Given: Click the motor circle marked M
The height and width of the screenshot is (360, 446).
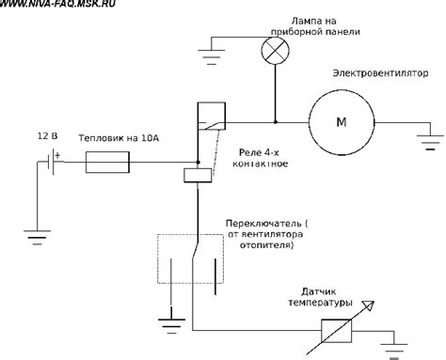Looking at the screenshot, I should click(x=340, y=121).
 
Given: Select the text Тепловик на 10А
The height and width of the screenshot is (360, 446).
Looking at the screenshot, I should click(x=119, y=137).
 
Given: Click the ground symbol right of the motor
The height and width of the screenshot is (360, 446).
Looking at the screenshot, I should click(x=430, y=146).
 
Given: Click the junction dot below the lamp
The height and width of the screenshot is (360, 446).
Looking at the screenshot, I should click(x=276, y=121).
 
